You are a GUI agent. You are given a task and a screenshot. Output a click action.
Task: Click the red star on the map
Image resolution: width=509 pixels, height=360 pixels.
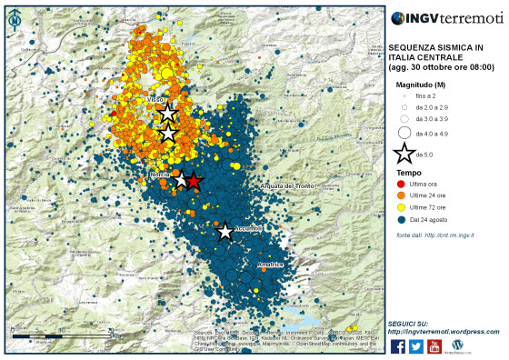pos(193,181)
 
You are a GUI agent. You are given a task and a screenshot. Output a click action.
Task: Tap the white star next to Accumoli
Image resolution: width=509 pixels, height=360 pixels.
pos(225,232)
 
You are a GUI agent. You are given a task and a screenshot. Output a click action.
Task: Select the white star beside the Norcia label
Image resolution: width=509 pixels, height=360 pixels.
pos(180,180)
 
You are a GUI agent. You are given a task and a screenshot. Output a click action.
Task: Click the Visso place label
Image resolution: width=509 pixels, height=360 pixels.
pos(155,99)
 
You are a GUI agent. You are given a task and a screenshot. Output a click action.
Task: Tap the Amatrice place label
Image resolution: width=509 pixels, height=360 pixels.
pos(270,264)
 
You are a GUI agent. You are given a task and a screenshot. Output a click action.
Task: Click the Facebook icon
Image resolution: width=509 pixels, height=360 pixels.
pos(397,345)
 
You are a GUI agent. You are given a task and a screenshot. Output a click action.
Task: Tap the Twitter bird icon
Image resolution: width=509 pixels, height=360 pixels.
pos(416,345)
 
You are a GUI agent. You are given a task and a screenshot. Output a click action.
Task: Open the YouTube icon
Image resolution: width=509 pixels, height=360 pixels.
pos(434,345)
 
